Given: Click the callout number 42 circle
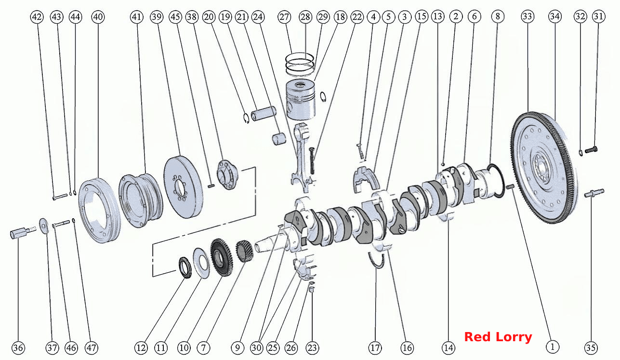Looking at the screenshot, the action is pyautogui.click(x=37, y=17).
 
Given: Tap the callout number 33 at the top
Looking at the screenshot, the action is pyautogui.click(x=528, y=16).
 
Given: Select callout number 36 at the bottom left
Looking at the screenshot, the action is pyautogui.click(x=18, y=348).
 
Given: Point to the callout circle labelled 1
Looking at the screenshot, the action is pyautogui.click(x=553, y=347).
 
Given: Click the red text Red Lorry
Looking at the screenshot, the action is pyautogui.click(x=498, y=337).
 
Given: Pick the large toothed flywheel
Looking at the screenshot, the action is pyautogui.click(x=544, y=168).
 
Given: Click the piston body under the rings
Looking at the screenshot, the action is pyautogui.click(x=301, y=100).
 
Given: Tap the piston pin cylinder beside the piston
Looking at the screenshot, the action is pyautogui.click(x=264, y=114).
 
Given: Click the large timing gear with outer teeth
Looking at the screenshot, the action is pyautogui.click(x=222, y=257).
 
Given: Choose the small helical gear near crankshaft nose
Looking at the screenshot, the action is pyautogui.click(x=244, y=251).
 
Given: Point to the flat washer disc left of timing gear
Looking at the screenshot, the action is pyautogui.click(x=201, y=263).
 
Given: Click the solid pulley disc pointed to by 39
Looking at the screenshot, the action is pyautogui.click(x=183, y=187).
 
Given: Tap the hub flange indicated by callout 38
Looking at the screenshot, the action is pyautogui.click(x=227, y=174).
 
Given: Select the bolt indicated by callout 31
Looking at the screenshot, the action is pyautogui.click(x=591, y=150).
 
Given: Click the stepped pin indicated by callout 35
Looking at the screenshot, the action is pyautogui.click(x=594, y=193).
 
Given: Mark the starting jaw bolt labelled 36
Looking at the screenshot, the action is pyautogui.click(x=23, y=232).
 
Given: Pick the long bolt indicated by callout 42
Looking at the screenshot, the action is pyautogui.click(x=60, y=197).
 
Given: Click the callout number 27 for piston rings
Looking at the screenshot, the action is pyautogui.click(x=284, y=17).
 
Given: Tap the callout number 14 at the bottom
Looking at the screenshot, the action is pyautogui.click(x=449, y=348).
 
